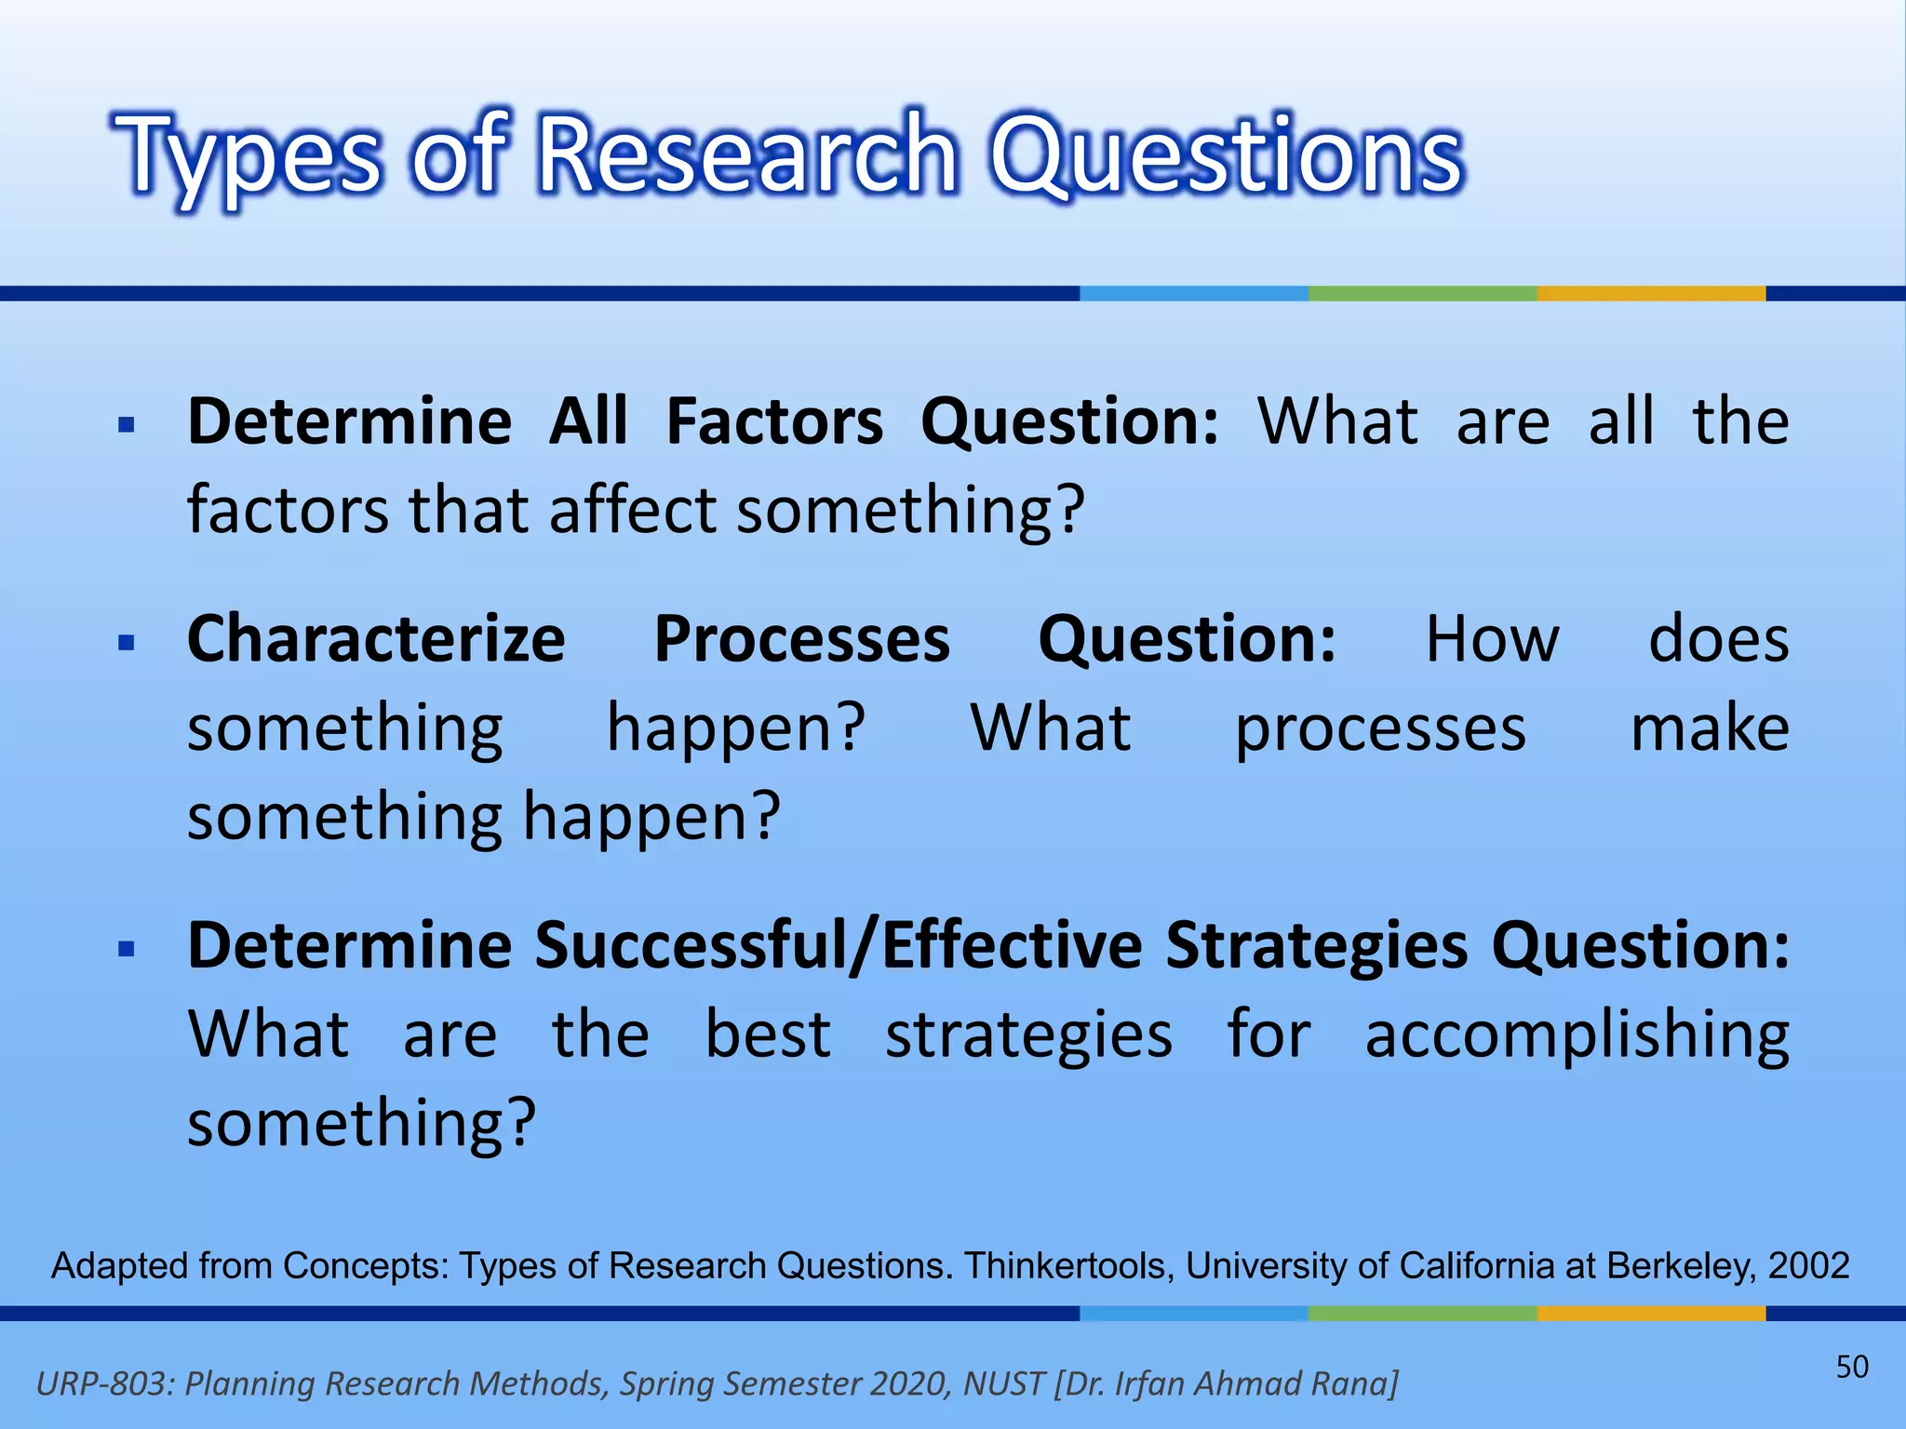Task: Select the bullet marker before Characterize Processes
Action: [x=128, y=643]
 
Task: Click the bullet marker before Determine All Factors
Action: [x=128, y=426]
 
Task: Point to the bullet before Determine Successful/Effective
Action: [x=128, y=949]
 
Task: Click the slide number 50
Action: [x=1851, y=1367]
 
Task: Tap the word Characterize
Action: [x=376, y=640]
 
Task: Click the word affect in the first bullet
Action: [x=633, y=511]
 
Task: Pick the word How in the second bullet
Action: [x=1492, y=640]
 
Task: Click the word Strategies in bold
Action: [x=1317, y=946]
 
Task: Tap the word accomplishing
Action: [x=1577, y=1035]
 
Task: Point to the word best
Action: [x=768, y=1034]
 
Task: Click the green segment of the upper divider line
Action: [x=1422, y=293]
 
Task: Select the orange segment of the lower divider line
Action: [x=1650, y=1313]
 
